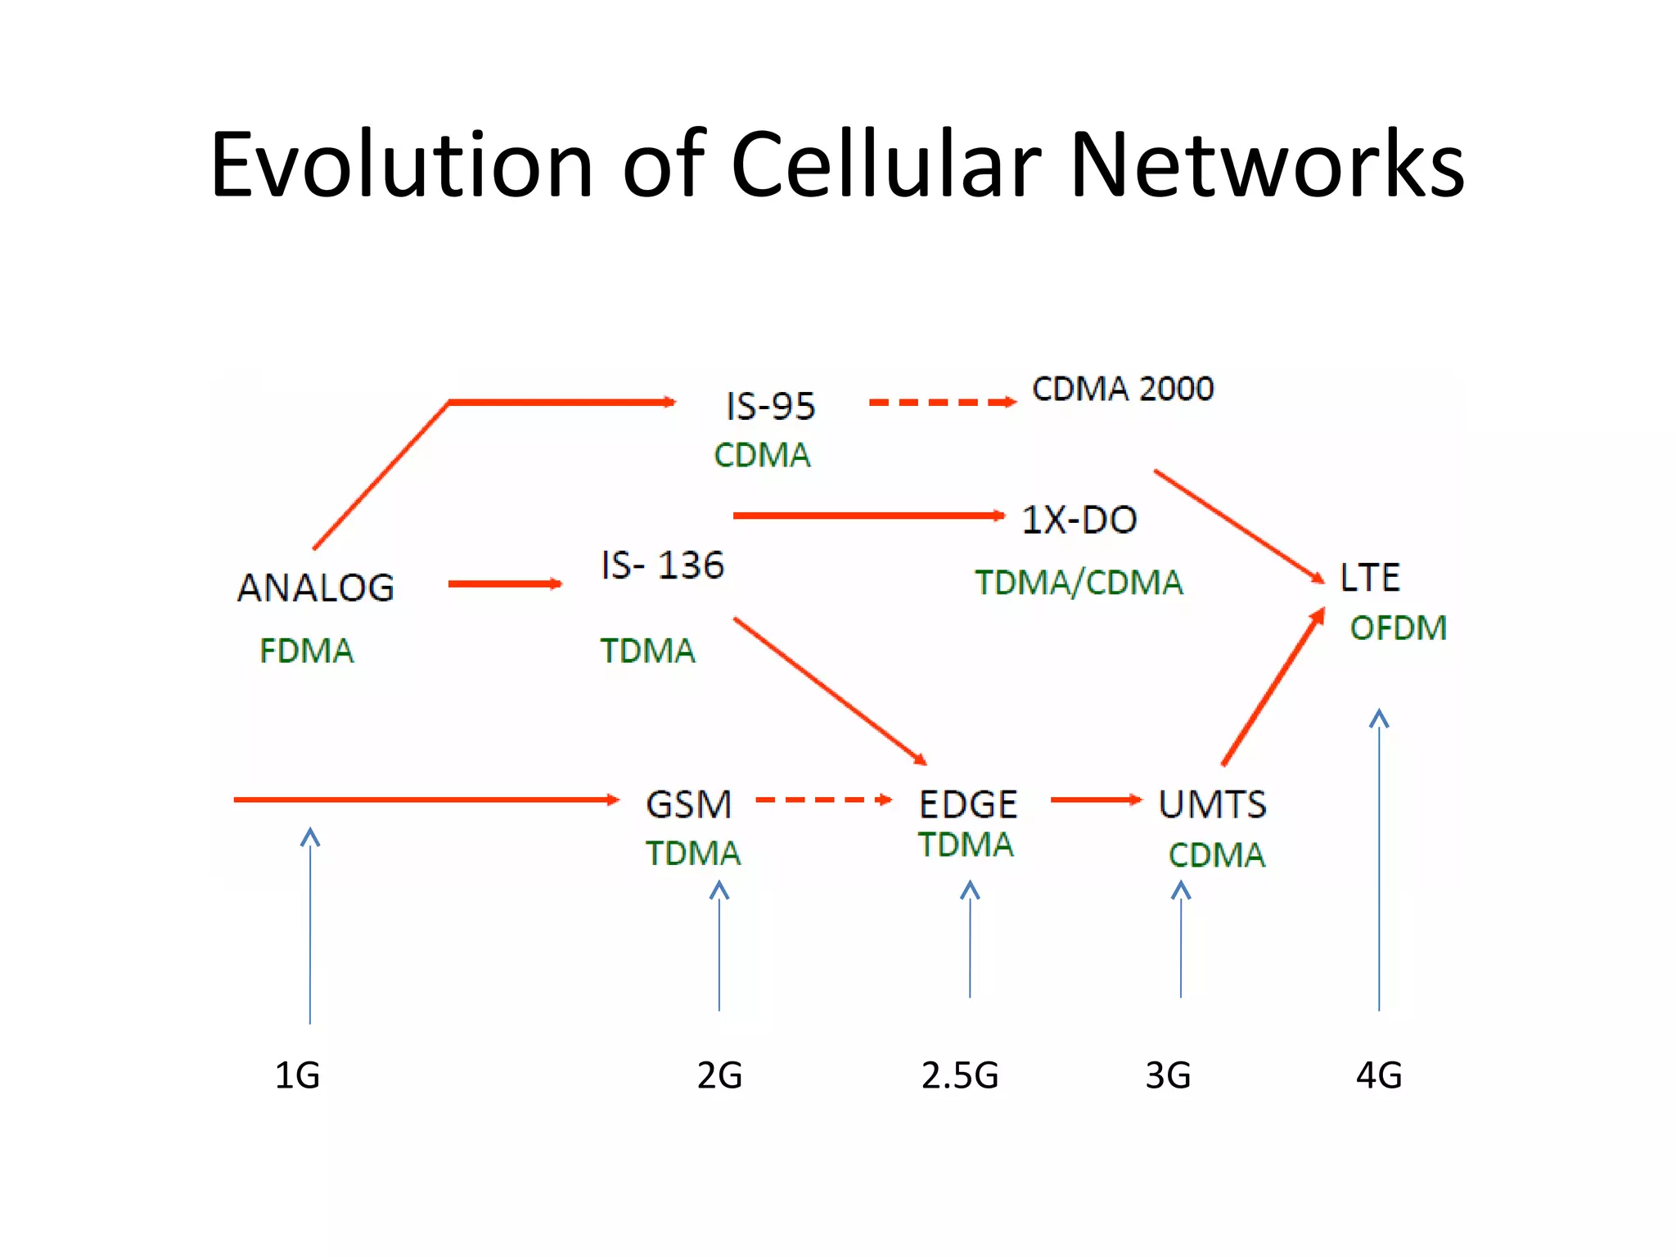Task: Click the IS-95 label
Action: point(770,406)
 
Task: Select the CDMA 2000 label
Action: point(1123,389)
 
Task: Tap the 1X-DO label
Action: point(1079,520)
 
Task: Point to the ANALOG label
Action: point(316,588)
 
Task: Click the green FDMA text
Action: point(306,651)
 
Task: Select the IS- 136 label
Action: point(662,565)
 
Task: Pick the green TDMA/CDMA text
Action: point(1079,583)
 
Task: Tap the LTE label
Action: point(1369,578)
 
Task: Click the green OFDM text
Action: point(1398,628)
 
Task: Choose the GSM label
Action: point(688,804)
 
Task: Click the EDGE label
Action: point(968,804)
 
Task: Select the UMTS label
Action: point(1212,804)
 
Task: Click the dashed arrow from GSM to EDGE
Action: point(822,800)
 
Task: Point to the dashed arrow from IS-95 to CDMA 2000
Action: point(941,402)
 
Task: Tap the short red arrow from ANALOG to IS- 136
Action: point(504,583)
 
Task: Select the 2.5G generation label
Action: point(960,1075)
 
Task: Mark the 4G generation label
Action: point(1379,1075)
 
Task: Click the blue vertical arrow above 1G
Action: point(310,925)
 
